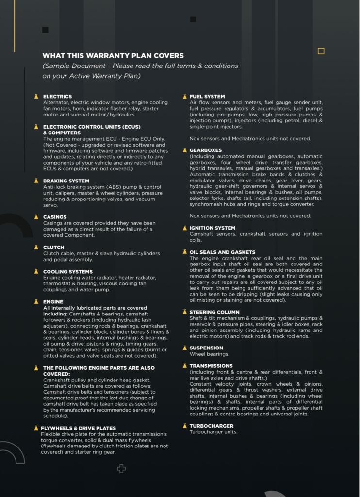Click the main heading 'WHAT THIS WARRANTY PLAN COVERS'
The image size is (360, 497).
(113, 56)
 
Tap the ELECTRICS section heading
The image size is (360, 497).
(57, 97)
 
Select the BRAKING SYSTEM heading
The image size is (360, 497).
(66, 181)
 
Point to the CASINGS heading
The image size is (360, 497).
(55, 217)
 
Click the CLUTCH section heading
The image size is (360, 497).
(54, 248)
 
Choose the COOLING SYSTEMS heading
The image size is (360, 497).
(67, 272)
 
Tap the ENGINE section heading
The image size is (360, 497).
(53, 302)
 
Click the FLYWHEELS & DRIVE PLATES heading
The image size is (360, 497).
(78, 428)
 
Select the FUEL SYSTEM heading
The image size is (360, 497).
(207, 97)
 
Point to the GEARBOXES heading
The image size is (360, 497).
(206, 150)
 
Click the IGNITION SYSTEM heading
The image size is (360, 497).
(212, 228)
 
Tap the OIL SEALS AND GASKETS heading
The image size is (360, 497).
(222, 252)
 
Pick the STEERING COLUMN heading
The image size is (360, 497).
(214, 312)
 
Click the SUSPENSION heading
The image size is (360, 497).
(206, 348)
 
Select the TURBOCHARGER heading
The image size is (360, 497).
(211, 426)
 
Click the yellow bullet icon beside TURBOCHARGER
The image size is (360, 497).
(184, 426)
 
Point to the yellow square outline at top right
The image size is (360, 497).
(321, 51)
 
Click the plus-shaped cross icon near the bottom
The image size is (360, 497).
(122, 469)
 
